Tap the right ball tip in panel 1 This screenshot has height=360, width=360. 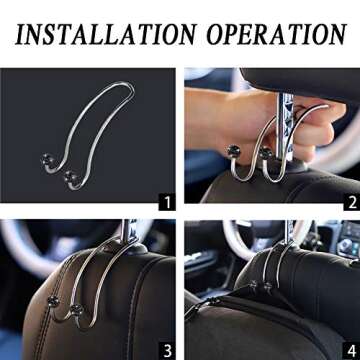tap(68, 177)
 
